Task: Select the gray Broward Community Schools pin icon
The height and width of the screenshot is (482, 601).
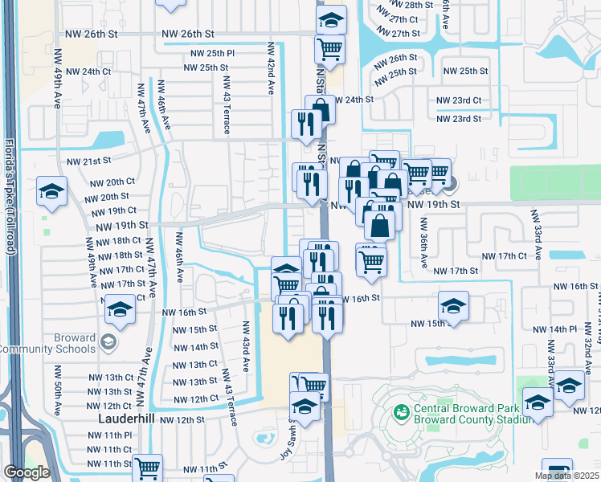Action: tap(107, 344)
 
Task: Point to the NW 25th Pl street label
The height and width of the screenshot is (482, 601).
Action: tap(212, 53)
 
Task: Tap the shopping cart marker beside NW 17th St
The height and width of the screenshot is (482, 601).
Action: tap(370, 260)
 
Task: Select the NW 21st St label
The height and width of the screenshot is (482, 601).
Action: tap(87, 161)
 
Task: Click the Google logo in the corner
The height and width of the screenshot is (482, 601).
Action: tap(26, 472)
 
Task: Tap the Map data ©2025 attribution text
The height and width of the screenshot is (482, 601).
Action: tap(566, 476)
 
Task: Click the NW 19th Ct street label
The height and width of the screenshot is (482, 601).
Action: tap(109, 211)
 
